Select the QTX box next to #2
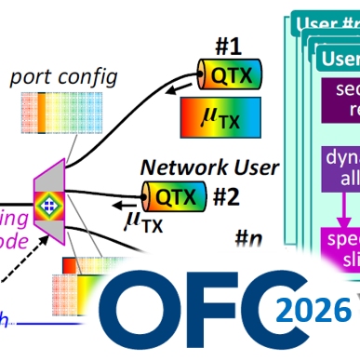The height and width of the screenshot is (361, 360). [175, 194]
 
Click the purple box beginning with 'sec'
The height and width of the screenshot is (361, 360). [340, 102]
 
